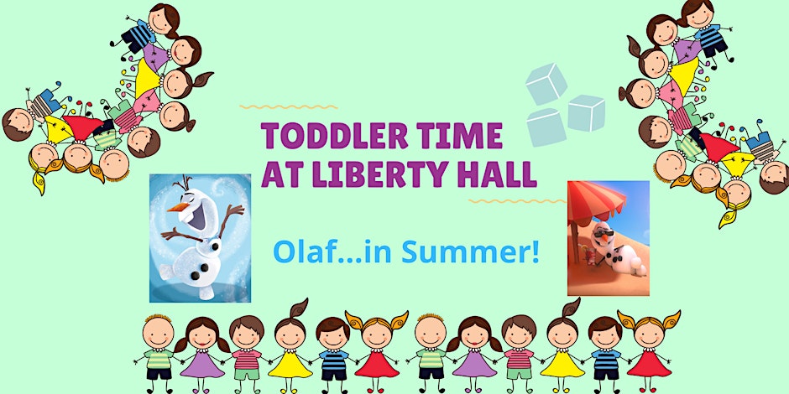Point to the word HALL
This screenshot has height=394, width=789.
[x=494, y=174]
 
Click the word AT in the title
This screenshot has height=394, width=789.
[x=280, y=174]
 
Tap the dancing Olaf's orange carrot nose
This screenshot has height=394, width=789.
[x=176, y=207]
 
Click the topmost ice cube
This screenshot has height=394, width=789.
[x=546, y=84]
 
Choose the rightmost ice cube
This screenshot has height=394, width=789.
[x=586, y=112]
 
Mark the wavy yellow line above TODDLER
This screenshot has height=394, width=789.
[x=289, y=107]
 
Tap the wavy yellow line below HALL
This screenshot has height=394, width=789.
[x=518, y=201]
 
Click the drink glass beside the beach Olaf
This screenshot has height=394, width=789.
[x=587, y=255]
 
